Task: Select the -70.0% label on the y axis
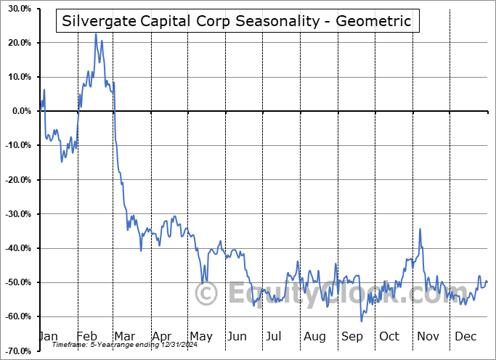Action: click(18, 351)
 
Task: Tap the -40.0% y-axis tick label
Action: click(18, 248)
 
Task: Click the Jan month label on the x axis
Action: click(48, 336)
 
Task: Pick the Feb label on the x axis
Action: click(87, 336)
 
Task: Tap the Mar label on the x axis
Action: click(124, 336)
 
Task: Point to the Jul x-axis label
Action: click(274, 336)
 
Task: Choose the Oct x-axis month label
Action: click(389, 336)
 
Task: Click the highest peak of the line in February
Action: click(95, 33)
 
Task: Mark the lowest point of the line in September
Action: click(362, 321)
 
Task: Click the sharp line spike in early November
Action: click(420, 229)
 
